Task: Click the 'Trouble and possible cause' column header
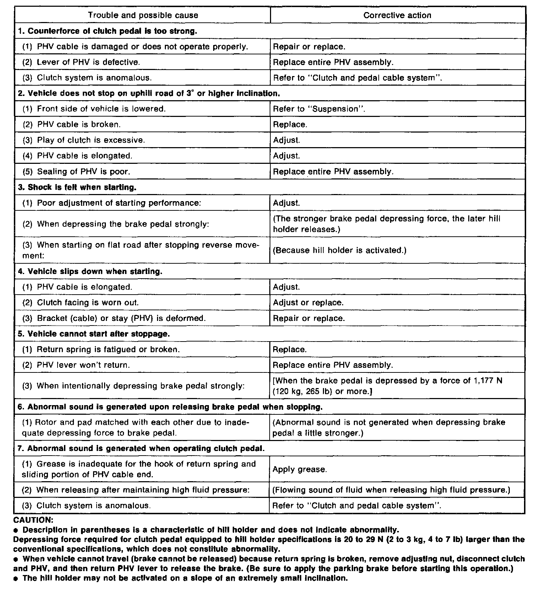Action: [143, 15]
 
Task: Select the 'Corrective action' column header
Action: [397, 15]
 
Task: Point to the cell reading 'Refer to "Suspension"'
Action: [319, 109]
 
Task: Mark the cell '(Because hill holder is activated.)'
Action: [339, 250]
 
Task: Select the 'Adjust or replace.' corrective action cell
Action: [308, 303]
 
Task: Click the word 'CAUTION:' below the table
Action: [33, 520]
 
